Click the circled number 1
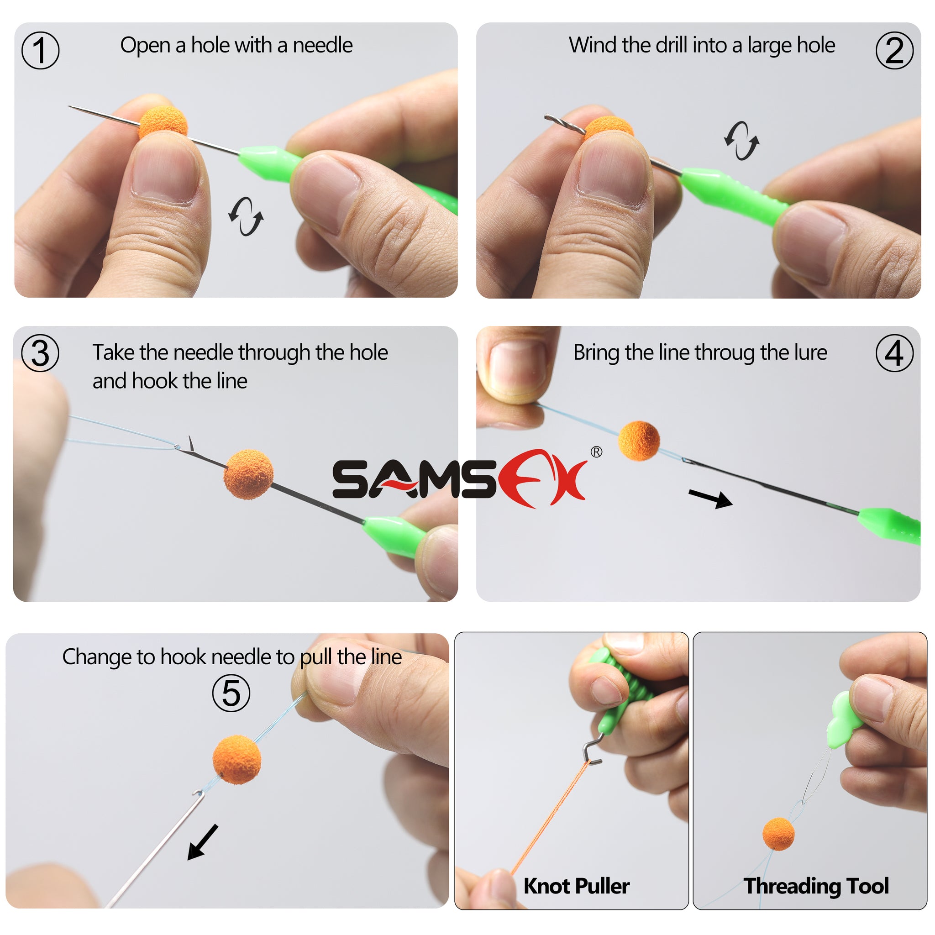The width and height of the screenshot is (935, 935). click(40, 50)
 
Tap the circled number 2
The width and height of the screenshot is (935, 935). click(894, 50)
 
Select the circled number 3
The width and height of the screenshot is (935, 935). click(40, 353)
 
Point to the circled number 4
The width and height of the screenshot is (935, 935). click(894, 353)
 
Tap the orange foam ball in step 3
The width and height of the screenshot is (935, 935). click(248, 474)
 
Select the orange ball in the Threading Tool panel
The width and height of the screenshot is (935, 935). click(778, 833)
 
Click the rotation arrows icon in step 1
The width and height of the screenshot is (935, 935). click(246, 216)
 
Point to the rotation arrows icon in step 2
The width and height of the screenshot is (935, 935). click(741, 140)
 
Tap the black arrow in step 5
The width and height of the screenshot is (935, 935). click(203, 842)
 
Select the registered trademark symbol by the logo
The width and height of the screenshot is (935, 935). click(596, 452)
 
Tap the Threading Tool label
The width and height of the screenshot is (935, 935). click(816, 886)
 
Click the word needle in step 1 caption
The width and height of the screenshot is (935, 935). click(322, 46)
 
